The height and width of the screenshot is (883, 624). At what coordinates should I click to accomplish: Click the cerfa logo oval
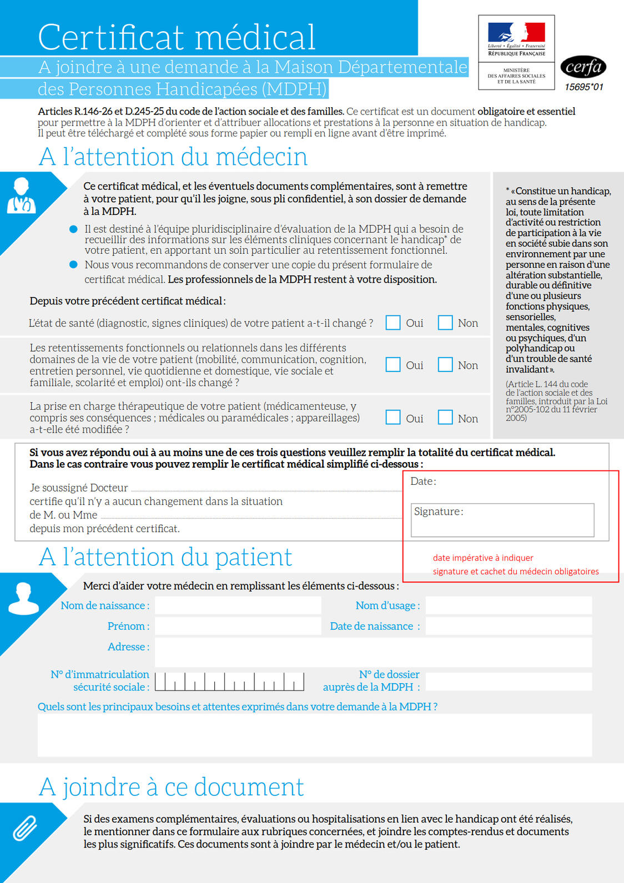[583, 67]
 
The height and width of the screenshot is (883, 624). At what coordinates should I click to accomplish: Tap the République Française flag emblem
[516, 33]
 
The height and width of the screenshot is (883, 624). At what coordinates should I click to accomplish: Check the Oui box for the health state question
[393, 323]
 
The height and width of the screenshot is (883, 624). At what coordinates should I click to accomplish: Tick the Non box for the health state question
[445, 323]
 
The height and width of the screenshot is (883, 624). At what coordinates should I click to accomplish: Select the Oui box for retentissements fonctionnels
[393, 364]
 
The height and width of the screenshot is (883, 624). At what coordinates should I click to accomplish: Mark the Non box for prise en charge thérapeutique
[445, 418]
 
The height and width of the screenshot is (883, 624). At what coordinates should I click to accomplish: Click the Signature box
[502, 520]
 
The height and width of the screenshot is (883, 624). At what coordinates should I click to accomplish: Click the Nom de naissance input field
[238, 605]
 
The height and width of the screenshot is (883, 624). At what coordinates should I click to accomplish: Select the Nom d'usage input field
[508, 605]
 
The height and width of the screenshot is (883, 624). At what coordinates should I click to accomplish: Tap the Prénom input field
[238, 626]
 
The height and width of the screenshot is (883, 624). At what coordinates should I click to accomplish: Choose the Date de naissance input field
[508, 626]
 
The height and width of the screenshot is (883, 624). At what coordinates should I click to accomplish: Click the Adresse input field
[373, 652]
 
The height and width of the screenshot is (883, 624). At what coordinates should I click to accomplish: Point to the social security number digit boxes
[229, 681]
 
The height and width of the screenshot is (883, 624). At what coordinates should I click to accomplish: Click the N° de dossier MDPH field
[508, 681]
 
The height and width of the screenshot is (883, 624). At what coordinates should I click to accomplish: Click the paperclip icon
[25, 829]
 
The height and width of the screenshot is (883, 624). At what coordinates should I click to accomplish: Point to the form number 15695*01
[583, 87]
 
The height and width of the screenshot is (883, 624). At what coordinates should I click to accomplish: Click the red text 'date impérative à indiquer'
[483, 558]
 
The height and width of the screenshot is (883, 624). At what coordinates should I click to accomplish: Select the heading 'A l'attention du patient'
[165, 557]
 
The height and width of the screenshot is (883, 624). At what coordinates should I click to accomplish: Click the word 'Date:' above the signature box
[423, 481]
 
